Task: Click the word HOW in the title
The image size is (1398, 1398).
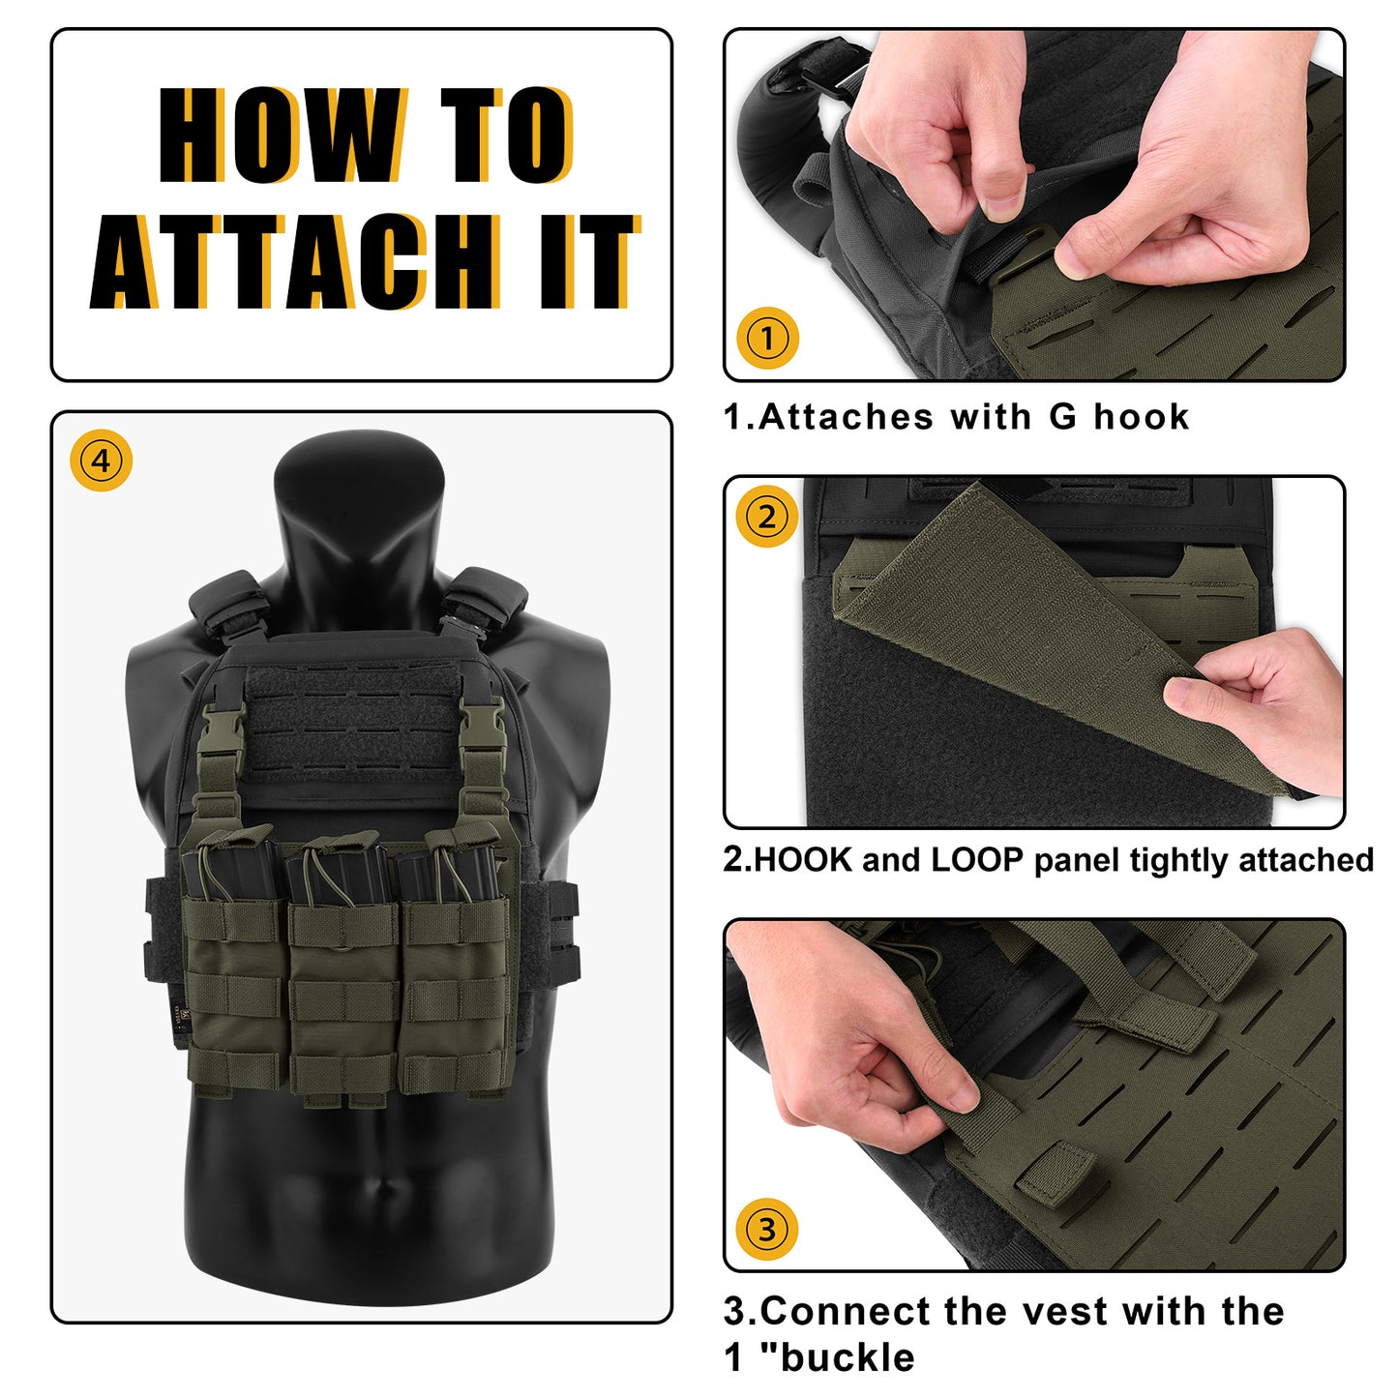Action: tap(280, 134)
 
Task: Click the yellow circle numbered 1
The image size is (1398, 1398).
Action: tap(767, 338)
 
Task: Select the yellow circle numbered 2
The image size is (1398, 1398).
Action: tap(767, 517)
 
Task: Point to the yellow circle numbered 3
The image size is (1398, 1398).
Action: tap(767, 1229)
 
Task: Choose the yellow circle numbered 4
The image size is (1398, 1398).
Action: tap(101, 460)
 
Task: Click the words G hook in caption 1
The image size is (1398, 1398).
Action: tap(1118, 417)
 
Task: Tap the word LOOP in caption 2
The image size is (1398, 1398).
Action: tap(977, 860)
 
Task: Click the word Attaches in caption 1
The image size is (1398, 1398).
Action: tap(846, 417)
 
